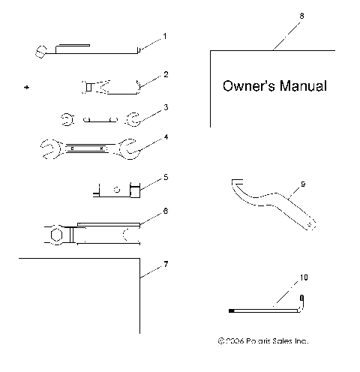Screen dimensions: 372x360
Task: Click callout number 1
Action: [165, 36]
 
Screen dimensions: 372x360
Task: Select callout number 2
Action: [165, 74]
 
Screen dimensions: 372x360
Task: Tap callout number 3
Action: [165, 107]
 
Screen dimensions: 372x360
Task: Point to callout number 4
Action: [165, 137]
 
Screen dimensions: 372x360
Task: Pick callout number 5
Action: [165, 178]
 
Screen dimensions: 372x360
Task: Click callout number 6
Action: [165, 211]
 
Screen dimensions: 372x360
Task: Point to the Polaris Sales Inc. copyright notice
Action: [262, 340]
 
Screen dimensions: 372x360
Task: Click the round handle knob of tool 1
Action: [42, 51]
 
